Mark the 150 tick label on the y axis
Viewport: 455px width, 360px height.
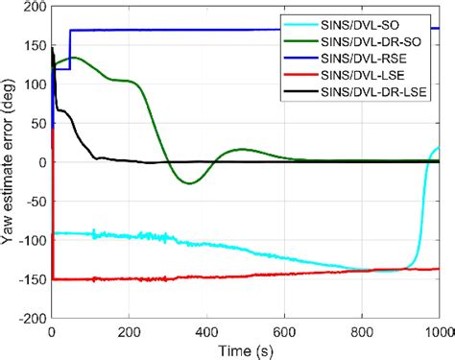click(x=35, y=45)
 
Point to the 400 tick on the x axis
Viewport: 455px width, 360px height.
click(x=207, y=331)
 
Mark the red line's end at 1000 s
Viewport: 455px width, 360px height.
click(x=439, y=269)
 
